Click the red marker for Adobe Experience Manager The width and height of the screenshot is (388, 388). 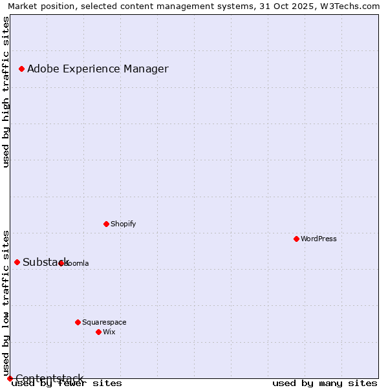21,69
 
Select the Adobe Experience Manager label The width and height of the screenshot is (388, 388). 98,69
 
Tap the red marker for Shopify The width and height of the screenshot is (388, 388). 106,224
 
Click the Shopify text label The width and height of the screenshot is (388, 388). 123,224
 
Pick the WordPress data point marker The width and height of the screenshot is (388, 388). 296,239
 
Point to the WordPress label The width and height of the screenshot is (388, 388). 318,239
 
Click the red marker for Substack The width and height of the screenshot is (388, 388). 17,262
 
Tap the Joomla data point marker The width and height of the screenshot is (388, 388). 61,263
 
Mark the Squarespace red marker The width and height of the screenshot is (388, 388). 78,322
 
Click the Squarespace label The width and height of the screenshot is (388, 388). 104,322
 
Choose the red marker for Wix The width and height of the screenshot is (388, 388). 98,332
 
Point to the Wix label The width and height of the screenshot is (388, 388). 109,332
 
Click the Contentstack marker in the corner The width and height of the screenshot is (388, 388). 10,378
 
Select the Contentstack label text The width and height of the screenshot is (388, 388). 49,378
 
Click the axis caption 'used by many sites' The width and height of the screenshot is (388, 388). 325,383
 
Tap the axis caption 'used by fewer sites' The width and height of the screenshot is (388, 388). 67,383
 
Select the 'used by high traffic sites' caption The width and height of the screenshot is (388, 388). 6,92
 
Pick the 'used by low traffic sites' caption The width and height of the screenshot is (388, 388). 6,303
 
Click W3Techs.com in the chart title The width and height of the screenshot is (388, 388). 349,6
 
